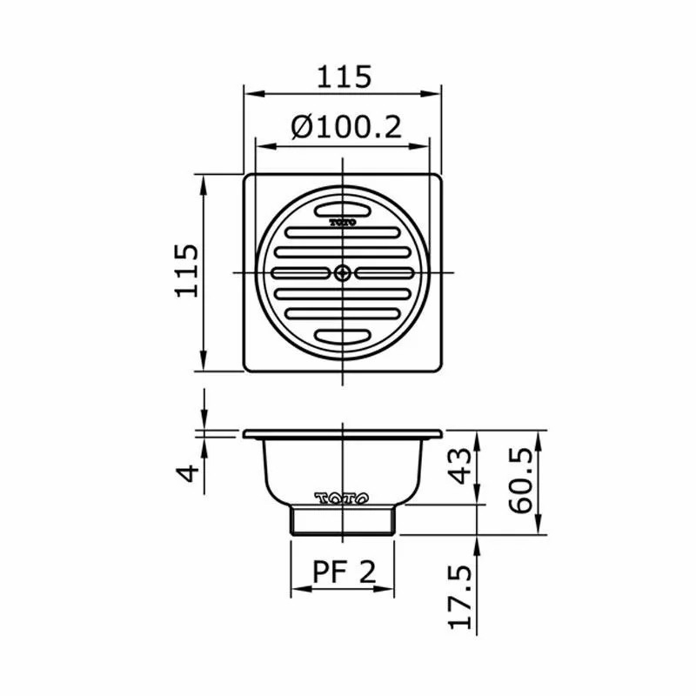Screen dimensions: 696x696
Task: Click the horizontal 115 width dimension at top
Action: coord(343,77)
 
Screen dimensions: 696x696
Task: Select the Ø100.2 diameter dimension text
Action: coord(345,128)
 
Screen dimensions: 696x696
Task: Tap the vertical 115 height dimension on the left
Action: coord(186,271)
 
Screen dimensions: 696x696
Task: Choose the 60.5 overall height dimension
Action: coord(524,481)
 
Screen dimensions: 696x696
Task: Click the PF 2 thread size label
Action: coord(343,572)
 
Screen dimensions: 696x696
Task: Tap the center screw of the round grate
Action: coord(343,273)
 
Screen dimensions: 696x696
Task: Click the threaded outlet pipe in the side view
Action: coord(343,520)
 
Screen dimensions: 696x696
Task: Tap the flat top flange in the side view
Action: coord(343,433)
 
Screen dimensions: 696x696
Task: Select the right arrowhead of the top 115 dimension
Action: coord(435,90)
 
